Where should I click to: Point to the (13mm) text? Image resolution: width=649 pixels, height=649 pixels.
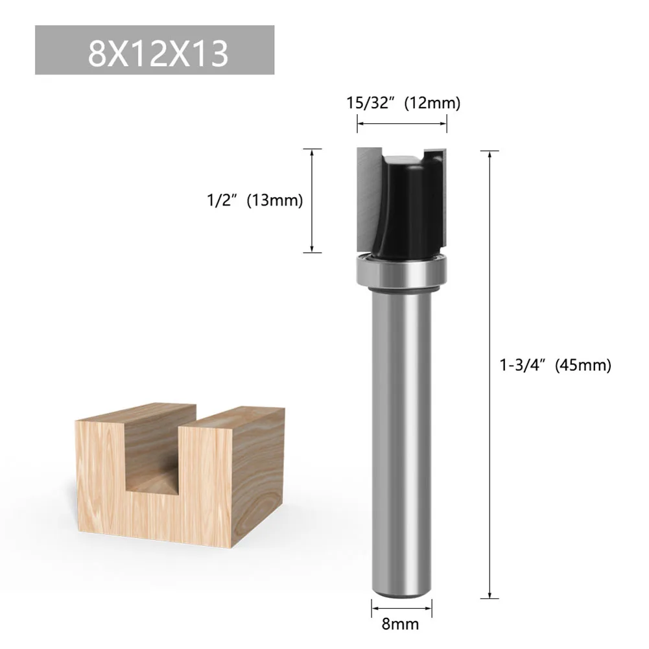pyautogui.click(x=272, y=200)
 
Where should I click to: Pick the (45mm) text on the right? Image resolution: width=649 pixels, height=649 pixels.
pyautogui.click(x=583, y=365)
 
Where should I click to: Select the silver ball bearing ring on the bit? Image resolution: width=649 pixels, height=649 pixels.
pyautogui.click(x=402, y=270)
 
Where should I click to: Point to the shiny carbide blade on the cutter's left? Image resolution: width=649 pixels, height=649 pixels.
pyautogui.click(x=367, y=195)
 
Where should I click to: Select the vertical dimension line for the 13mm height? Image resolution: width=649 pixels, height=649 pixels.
pyautogui.click(x=313, y=200)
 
